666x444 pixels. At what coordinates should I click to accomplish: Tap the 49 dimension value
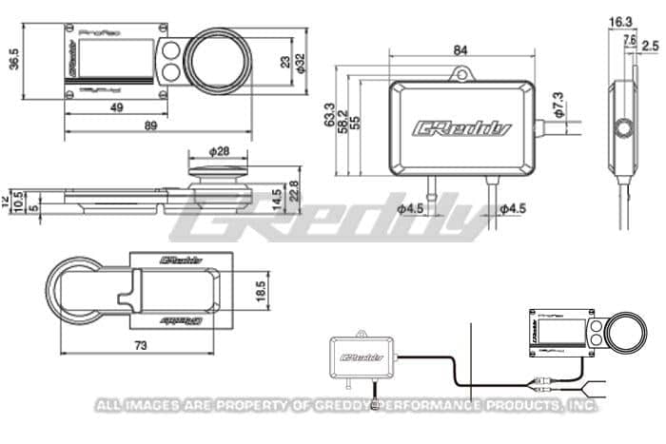point(116,108)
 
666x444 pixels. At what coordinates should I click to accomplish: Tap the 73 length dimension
point(141,346)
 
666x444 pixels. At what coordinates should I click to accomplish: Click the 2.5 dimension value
point(650,45)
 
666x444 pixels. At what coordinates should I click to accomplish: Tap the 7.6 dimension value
point(630,40)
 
